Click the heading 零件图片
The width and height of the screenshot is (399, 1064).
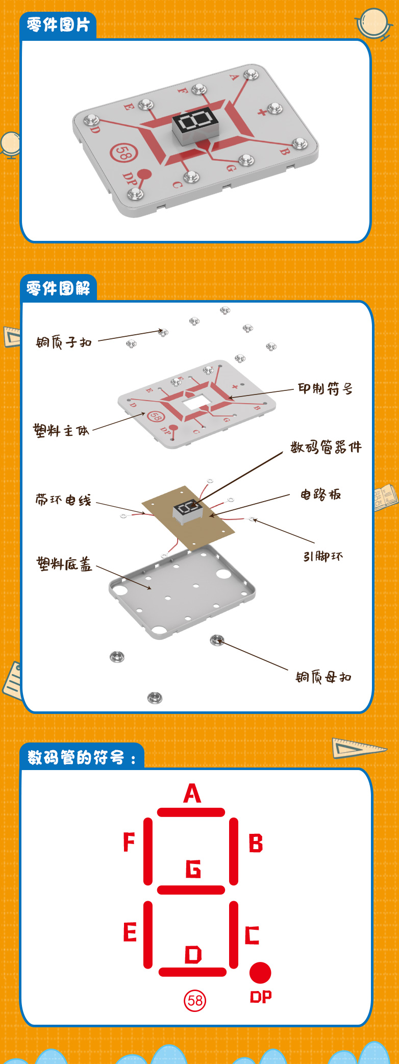58,24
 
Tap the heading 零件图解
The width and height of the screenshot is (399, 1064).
58,289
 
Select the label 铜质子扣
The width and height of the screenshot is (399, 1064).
64,342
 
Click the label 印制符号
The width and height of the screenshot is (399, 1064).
325,389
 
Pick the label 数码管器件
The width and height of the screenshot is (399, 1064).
326,448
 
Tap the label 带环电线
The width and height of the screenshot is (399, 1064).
63,500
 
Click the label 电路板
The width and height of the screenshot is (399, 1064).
320,494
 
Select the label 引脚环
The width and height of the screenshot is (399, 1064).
323,556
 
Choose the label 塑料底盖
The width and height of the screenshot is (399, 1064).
64,564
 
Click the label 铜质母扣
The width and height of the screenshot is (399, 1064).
323,677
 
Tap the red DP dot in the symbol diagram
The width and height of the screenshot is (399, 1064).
260,973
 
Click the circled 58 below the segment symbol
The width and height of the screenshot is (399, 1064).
195,1000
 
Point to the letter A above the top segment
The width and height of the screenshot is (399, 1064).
192,794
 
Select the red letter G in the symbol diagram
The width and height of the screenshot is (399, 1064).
193,869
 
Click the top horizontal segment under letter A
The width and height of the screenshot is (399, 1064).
191,812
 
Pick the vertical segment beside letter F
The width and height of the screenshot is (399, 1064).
148,851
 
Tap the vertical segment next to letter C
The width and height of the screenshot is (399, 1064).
234,935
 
